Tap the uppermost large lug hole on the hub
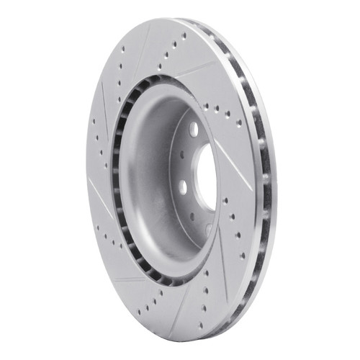(194, 129)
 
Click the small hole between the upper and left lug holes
(181, 153)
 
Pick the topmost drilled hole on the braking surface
(184, 35)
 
